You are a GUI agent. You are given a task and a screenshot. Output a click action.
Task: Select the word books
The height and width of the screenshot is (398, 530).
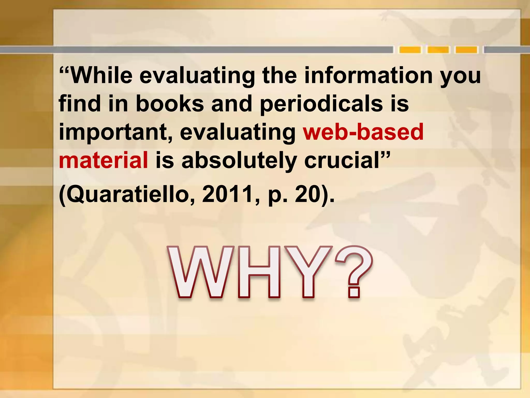coord(170,104)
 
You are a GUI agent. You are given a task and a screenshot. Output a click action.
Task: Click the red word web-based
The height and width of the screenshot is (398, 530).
coord(363,132)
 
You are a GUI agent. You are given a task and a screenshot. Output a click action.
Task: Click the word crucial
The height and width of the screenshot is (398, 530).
coord(342,160)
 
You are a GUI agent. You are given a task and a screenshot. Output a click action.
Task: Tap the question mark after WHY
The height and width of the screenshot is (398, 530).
coord(354,272)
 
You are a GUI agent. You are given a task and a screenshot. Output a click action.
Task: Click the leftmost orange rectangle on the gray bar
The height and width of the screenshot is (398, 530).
coord(410,50)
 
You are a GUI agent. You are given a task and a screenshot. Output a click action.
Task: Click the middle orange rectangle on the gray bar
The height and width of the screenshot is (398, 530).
coord(438,50)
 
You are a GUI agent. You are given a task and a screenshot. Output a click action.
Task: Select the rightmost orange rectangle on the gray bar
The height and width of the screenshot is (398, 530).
coord(466,50)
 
